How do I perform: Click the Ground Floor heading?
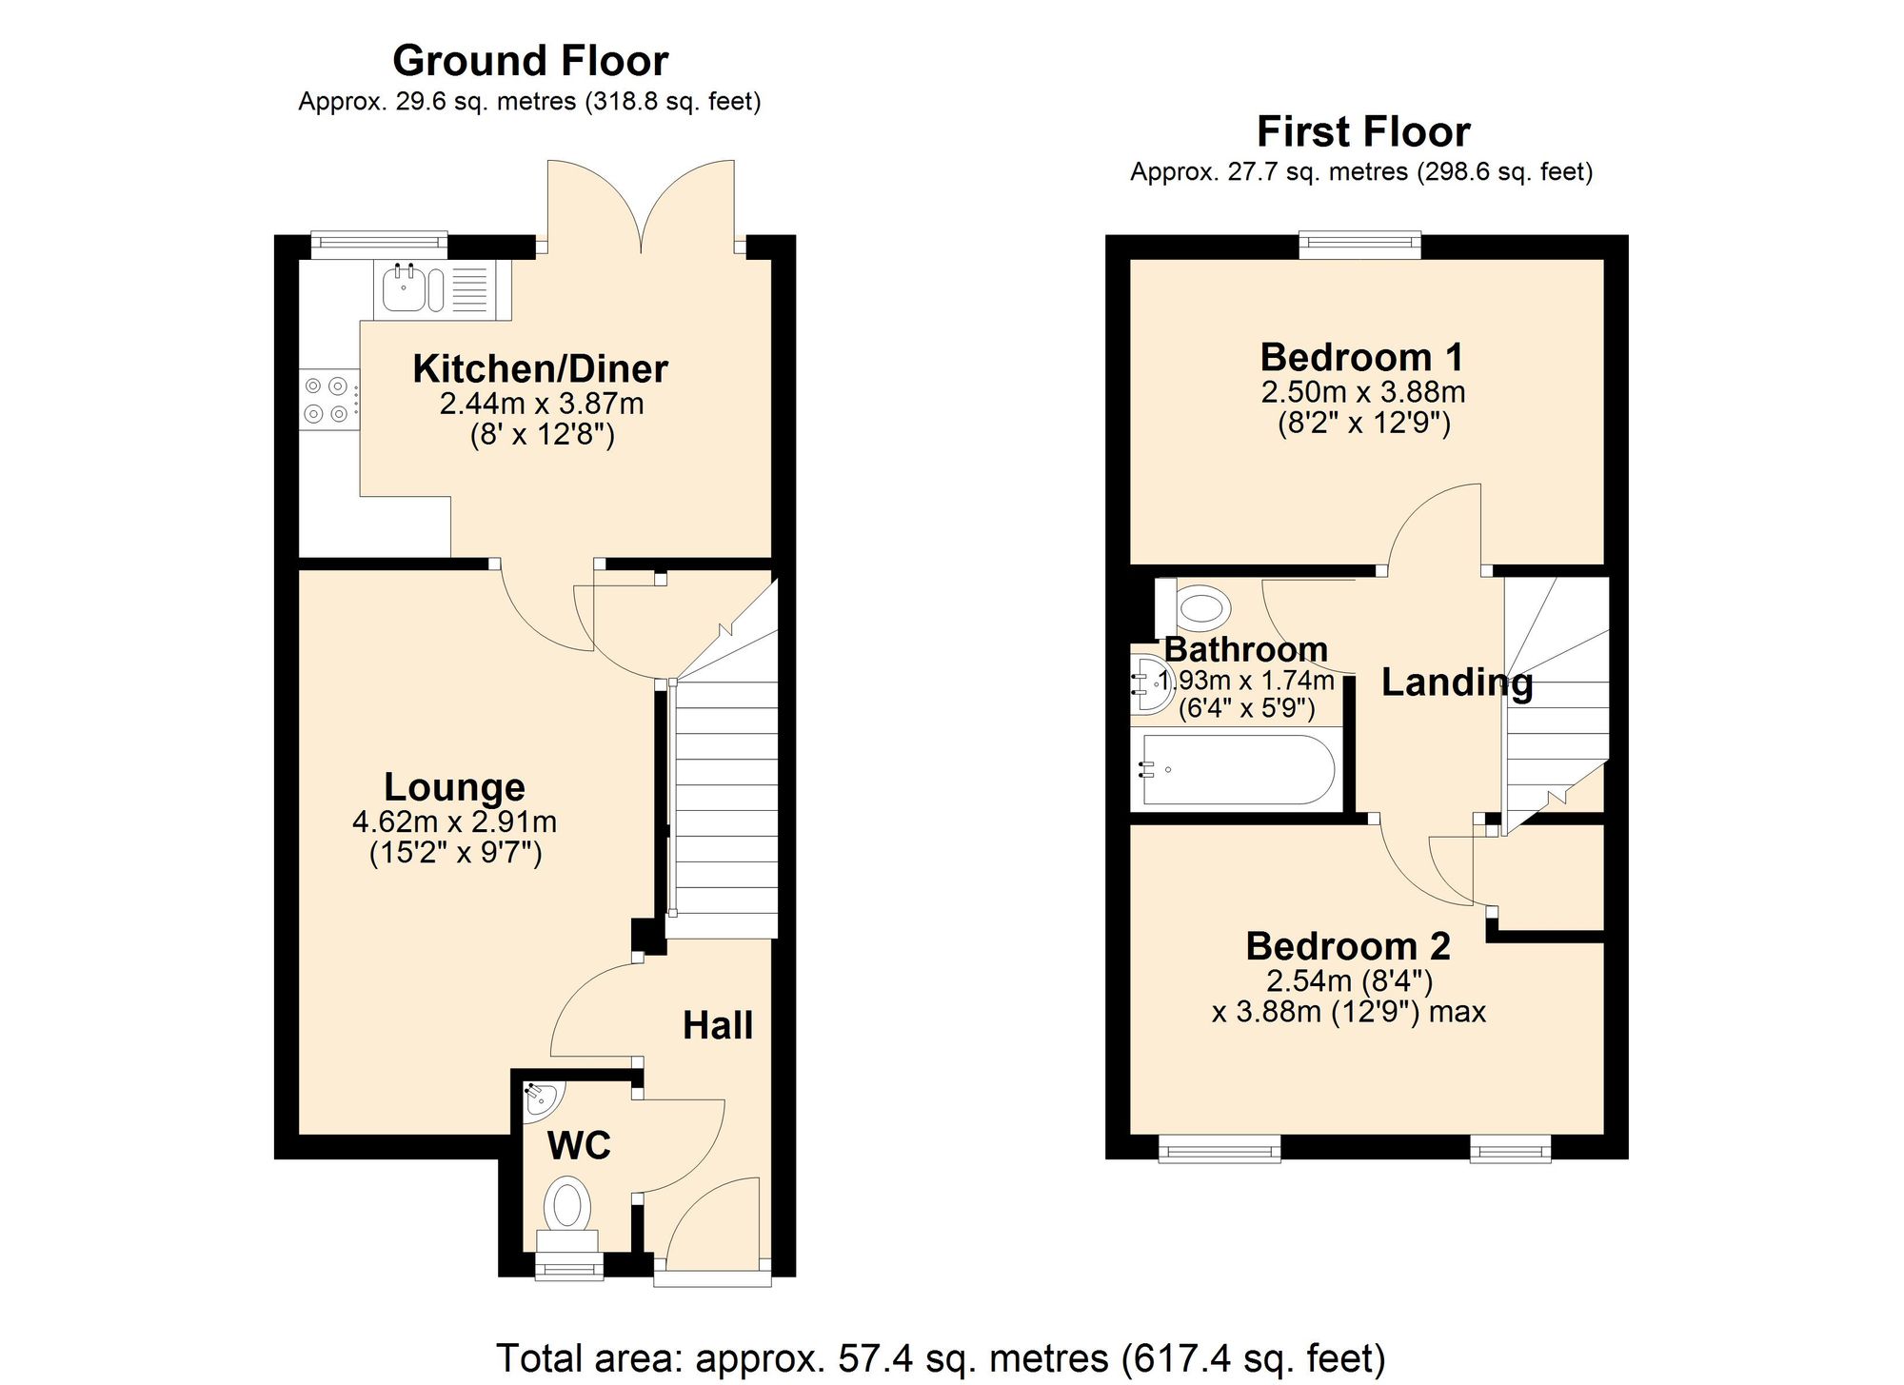click(530, 61)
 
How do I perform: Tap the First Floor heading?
click(1362, 131)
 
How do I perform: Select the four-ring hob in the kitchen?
click(327, 400)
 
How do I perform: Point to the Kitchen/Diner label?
click(540, 369)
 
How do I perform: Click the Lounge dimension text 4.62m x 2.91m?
click(454, 821)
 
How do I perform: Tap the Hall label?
click(718, 1025)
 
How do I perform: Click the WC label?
click(578, 1145)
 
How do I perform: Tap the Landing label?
click(1457, 683)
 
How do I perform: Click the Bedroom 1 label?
click(1361, 358)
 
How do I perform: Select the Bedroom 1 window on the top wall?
click(1360, 245)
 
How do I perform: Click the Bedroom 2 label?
click(1348, 946)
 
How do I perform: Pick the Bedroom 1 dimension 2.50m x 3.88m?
click(1362, 392)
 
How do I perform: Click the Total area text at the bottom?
click(941, 1357)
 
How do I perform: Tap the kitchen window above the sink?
click(379, 244)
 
